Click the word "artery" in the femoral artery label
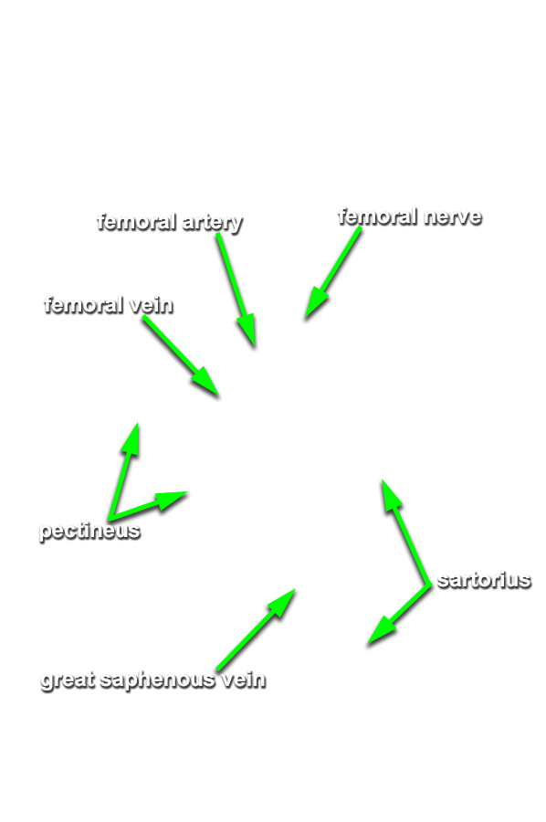[x=212, y=223]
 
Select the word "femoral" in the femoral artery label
[x=136, y=221]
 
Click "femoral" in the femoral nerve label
[x=378, y=216]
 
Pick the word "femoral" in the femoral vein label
[x=84, y=304]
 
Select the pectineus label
[x=89, y=531]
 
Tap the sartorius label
[x=484, y=580]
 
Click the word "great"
[x=68, y=680]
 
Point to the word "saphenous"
[x=157, y=680]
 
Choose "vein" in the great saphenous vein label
[x=243, y=680]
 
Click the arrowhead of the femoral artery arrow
[x=248, y=332]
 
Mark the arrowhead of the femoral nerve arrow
[x=315, y=304]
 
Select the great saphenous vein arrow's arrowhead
[x=283, y=602]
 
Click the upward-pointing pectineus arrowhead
[x=131, y=439]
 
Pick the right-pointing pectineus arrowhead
[x=171, y=499]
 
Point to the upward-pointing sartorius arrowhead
[x=391, y=495]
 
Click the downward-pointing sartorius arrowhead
[x=381, y=630]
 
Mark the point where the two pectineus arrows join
[x=111, y=516]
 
